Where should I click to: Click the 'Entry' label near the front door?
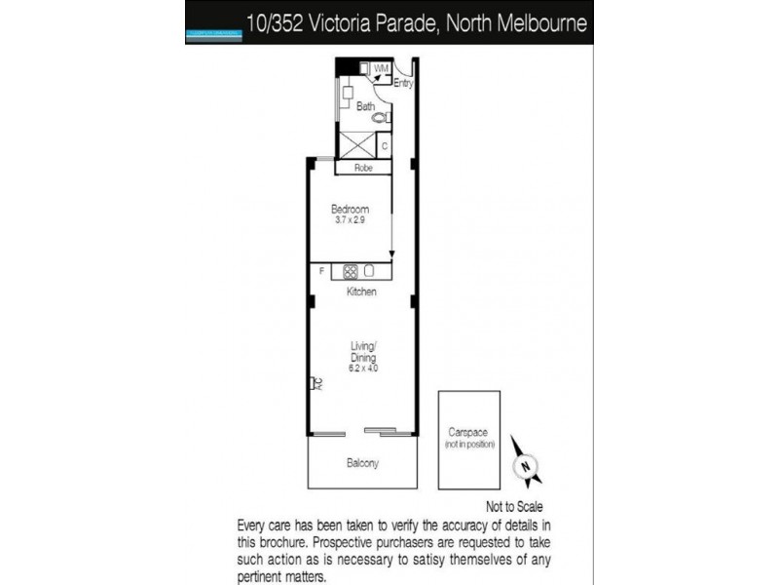(403, 84)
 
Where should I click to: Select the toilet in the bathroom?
(382, 117)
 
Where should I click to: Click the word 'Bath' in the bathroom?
(366, 106)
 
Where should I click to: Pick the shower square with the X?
(355, 144)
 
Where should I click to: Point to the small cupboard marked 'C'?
(385, 146)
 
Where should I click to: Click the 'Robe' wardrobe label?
(363, 168)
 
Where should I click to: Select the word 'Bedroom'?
(351, 210)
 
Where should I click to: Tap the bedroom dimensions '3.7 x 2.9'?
(351, 221)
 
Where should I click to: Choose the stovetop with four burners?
(351, 272)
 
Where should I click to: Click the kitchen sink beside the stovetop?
(370, 272)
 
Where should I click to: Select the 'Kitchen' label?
(362, 292)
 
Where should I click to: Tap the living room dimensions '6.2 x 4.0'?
(363, 369)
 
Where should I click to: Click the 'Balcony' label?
(362, 463)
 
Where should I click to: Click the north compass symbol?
(527, 467)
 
